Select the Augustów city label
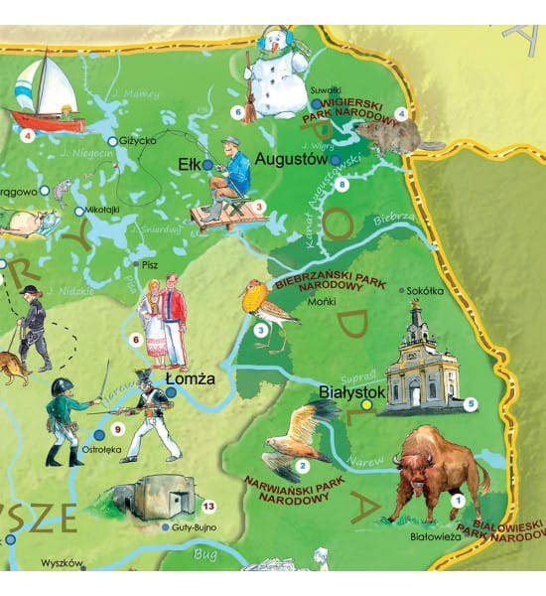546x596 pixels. [291, 158]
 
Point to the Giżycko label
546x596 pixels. [139, 141]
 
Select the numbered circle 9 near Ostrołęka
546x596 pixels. [117, 429]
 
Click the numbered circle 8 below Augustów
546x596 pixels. [343, 184]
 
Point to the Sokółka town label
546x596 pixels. [429, 291]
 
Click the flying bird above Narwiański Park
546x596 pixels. [298, 432]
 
